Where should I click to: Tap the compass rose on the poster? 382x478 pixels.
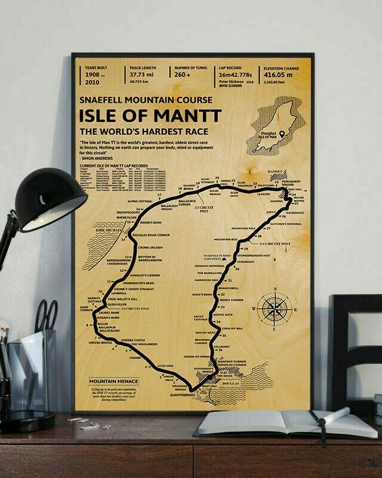(273, 308)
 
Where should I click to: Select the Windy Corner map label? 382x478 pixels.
(230, 299)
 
